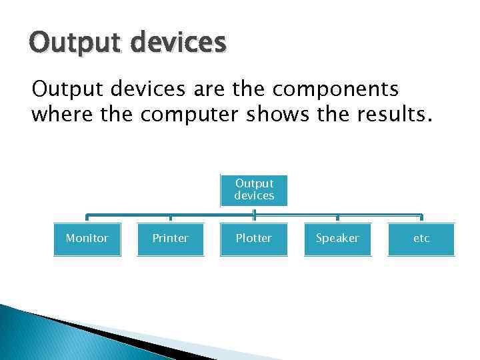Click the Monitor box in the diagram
tap(87, 239)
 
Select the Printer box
tap(171, 239)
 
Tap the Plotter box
tap(254, 239)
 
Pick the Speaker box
tap(337, 239)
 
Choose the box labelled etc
tap(421, 239)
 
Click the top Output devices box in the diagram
tap(254, 190)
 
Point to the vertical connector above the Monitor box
tap(87, 218)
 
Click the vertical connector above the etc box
tap(421, 218)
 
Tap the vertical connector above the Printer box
tap(171, 218)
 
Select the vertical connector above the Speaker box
tap(337, 218)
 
